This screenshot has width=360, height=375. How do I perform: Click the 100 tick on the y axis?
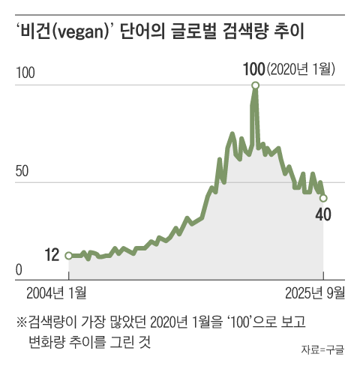coord(25,73)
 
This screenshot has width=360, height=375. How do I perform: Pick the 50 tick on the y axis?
coord(22,170)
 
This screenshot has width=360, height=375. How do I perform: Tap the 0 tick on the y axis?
coord(19,270)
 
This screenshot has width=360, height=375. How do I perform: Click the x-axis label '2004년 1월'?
coord(56,292)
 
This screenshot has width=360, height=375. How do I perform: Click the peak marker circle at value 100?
coord(256,85)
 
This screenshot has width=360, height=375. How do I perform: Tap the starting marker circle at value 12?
coord(69,256)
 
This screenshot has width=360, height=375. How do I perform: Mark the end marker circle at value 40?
coord(323,198)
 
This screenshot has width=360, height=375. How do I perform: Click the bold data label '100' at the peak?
coord(253,70)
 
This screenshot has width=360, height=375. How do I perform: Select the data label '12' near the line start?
coord(52,255)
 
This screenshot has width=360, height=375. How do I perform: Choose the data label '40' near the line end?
coord(323,215)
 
